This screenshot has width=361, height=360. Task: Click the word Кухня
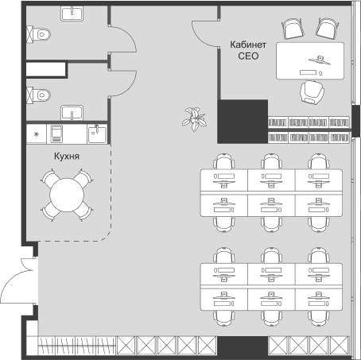(x=67, y=156)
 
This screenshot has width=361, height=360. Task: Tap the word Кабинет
(x=248, y=45)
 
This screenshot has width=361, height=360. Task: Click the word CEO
(x=248, y=56)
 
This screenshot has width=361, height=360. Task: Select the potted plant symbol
(x=194, y=119)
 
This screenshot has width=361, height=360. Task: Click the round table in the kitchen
(x=67, y=195)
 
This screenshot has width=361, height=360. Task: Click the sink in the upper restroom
(x=72, y=14)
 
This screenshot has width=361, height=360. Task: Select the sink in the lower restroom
(x=72, y=113)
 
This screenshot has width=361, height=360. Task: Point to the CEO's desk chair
(x=312, y=92)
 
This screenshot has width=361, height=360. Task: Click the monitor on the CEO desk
(x=320, y=60)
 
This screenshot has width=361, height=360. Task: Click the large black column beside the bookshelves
(x=243, y=122)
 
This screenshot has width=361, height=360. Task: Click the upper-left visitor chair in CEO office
(x=293, y=29)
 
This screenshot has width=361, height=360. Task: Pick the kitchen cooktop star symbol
(x=37, y=134)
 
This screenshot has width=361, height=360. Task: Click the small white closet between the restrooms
(x=45, y=69)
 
